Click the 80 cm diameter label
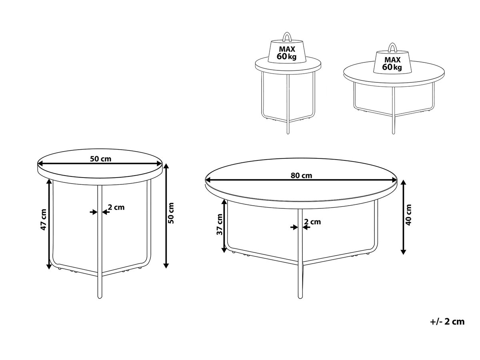point(301,175)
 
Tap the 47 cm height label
point(44,220)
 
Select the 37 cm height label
point(219,224)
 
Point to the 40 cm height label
point(408,215)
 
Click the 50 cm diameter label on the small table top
point(100,159)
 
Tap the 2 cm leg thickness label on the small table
point(116,207)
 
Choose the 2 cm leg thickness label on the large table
point(312,222)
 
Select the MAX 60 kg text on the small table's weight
point(286,53)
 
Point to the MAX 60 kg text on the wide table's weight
point(392,63)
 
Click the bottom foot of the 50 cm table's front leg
point(100,296)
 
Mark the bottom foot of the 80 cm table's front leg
point(300,296)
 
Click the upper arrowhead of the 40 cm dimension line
point(404,183)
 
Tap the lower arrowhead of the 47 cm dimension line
point(49,266)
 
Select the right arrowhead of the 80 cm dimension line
point(394,180)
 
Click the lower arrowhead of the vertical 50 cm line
point(166,265)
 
